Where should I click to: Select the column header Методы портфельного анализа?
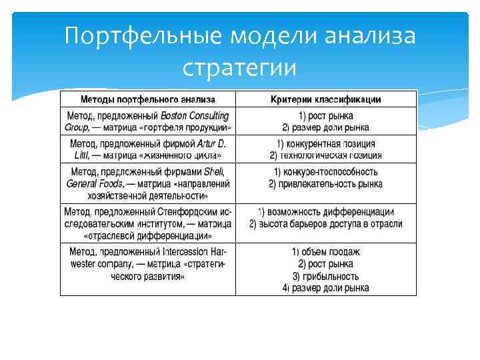[x=148, y=99]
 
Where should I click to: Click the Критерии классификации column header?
[x=326, y=99]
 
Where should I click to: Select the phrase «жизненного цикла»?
[x=180, y=155]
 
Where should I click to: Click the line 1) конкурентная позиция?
[x=326, y=144]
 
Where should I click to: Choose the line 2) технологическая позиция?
[x=326, y=155]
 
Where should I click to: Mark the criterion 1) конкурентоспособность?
[x=326, y=172]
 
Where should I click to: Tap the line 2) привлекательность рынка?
[x=326, y=183]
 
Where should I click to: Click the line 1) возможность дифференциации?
[x=326, y=212]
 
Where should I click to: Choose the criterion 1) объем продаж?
[x=326, y=252]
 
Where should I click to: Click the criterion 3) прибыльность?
[x=326, y=276]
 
